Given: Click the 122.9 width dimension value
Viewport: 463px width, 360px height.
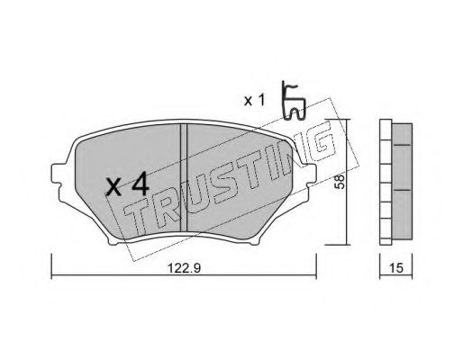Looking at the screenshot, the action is (x=184, y=268).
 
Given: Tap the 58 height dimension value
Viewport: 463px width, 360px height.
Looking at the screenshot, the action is (x=340, y=182).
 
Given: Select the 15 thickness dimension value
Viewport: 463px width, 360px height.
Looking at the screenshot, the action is (x=396, y=268).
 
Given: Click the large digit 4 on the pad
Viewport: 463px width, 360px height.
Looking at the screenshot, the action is (x=141, y=184).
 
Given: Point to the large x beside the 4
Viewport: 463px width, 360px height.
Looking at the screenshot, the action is (x=114, y=186).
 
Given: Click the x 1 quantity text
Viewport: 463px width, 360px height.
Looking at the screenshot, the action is (x=255, y=101).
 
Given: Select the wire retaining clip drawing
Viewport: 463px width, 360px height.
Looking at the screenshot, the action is (x=294, y=101).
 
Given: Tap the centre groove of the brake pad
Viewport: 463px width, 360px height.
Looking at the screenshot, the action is (x=184, y=177).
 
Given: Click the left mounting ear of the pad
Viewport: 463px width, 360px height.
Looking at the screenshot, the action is (x=58, y=174).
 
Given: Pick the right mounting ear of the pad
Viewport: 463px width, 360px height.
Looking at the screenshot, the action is (x=309, y=174).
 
